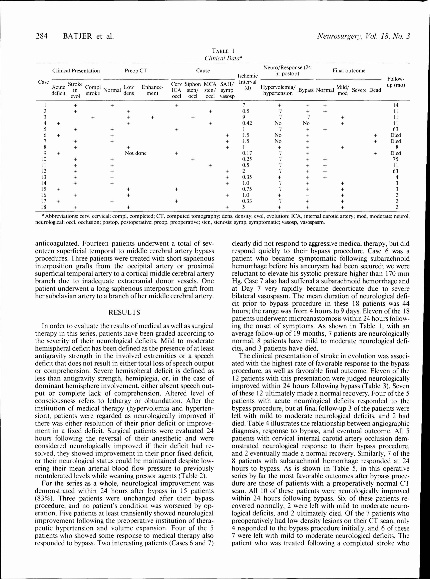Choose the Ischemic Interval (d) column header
tap(248, 82)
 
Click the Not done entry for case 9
tap(136, 153)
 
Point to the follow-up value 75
tap(396, 159)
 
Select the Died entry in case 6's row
tap(395, 135)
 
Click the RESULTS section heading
tap(124, 312)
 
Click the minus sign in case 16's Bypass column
tap(308, 195)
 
